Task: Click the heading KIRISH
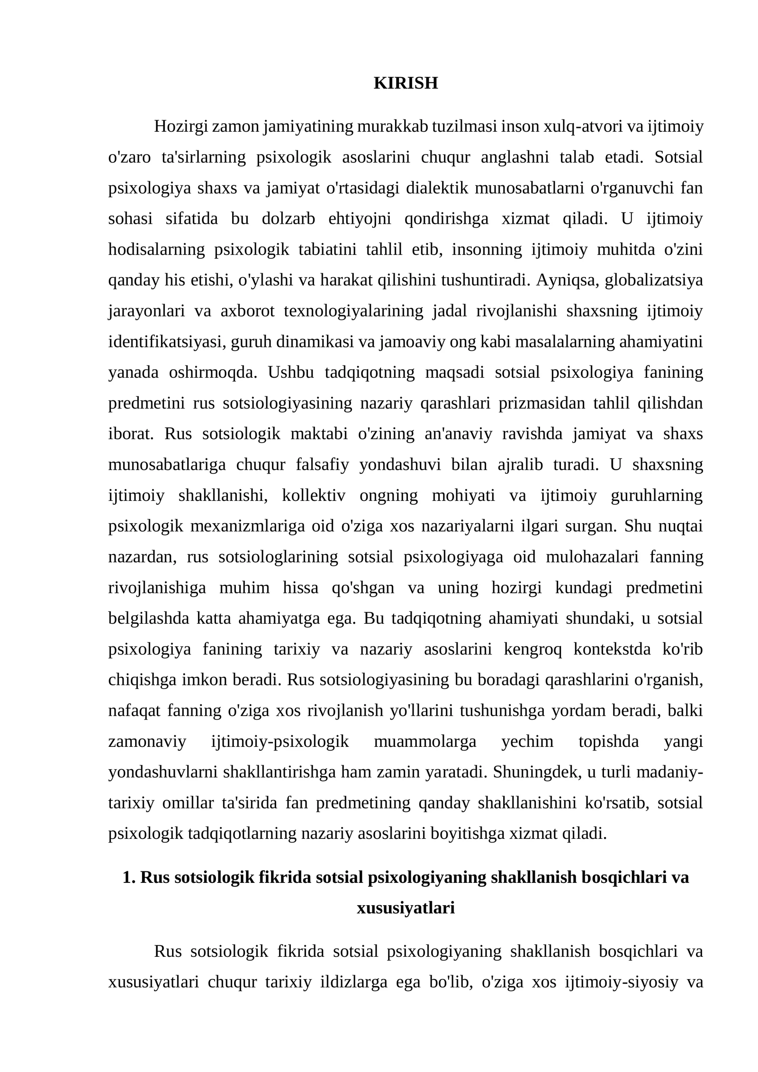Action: click(406, 83)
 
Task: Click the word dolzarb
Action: click(288, 218)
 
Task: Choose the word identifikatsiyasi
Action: click(167, 342)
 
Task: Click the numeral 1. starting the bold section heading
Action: click(129, 878)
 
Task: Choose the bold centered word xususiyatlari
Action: click(406, 908)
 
